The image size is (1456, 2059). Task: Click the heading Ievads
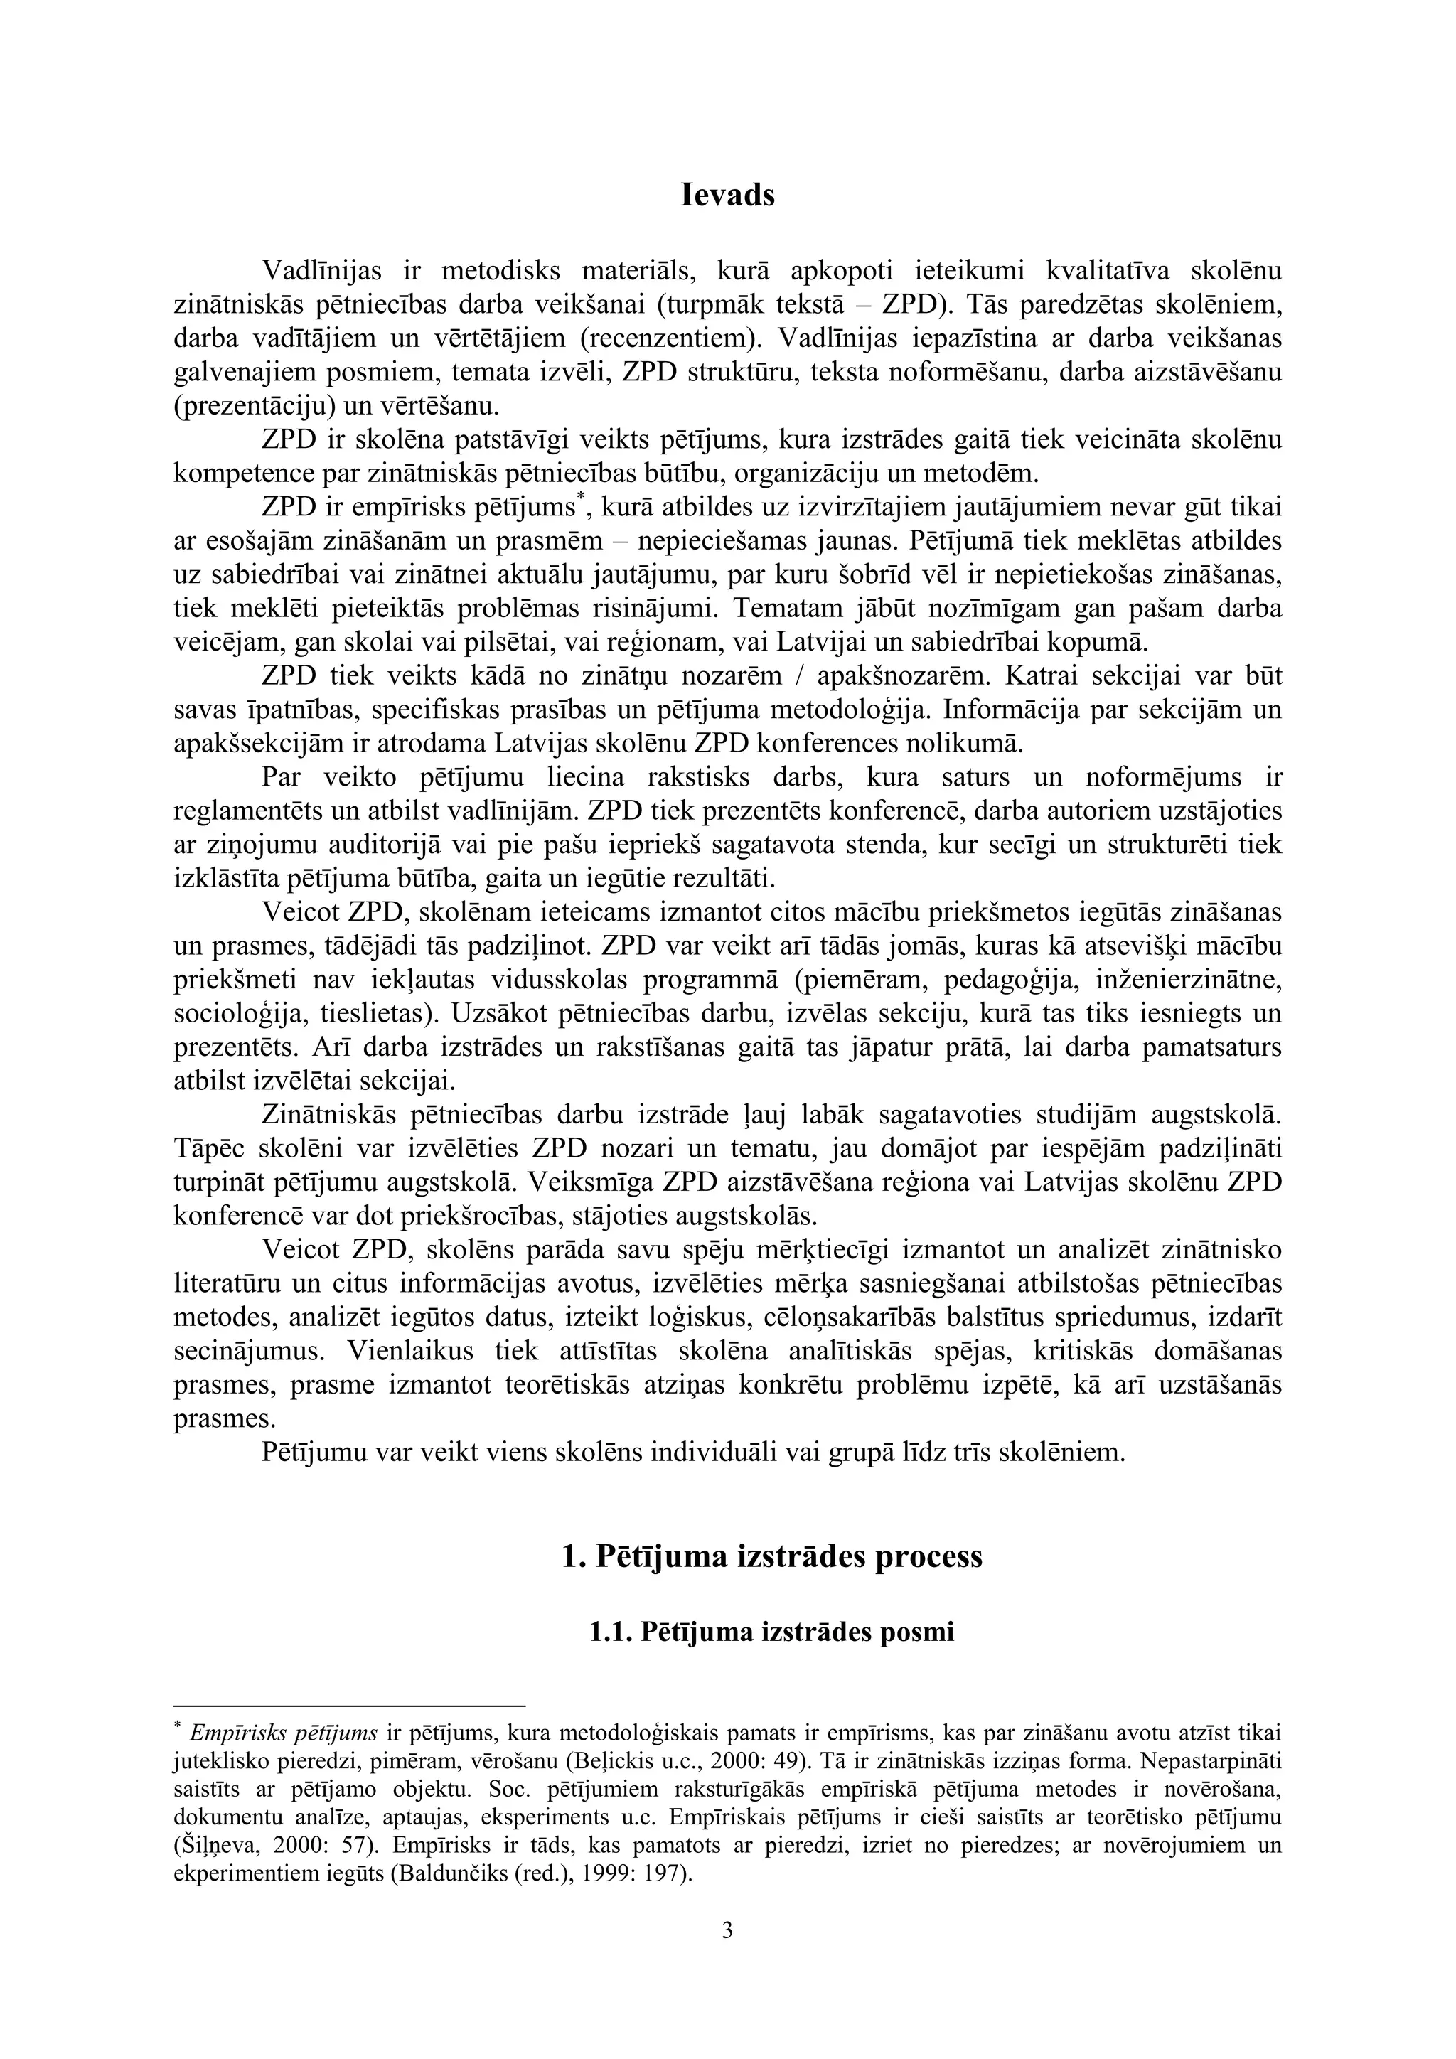727,196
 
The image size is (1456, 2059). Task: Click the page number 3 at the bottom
727,1927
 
